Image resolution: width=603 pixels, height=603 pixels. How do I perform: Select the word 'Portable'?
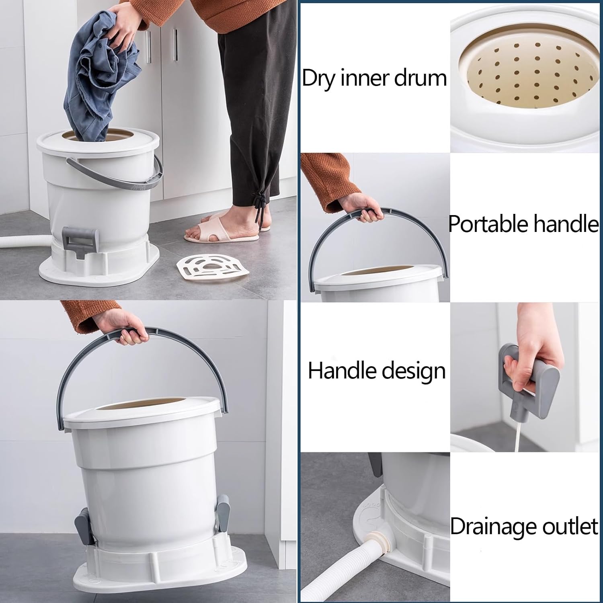coord(482,224)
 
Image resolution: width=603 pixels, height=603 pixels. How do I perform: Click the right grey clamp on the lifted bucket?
coord(222,513)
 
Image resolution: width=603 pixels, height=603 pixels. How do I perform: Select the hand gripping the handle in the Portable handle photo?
coord(364,207)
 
